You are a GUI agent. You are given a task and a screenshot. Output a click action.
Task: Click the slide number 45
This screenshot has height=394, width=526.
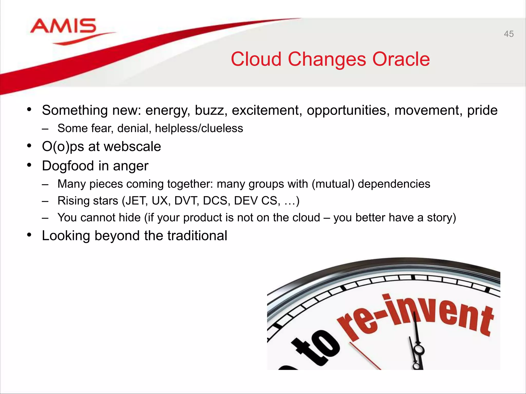[x=509, y=34]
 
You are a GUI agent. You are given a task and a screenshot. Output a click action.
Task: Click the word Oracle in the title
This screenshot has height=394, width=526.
[x=401, y=59]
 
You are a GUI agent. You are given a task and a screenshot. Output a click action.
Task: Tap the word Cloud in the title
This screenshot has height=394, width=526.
[x=256, y=59]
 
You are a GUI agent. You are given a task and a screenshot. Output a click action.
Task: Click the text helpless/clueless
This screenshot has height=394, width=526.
[x=199, y=128]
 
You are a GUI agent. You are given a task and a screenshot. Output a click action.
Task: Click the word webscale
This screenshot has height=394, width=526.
[x=132, y=147]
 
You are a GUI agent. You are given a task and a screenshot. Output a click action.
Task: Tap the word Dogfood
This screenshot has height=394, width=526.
[x=68, y=166]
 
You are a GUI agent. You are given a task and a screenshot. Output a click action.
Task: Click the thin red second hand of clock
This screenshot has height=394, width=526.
[x=365, y=357]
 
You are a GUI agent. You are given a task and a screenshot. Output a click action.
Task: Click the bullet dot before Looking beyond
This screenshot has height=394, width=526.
[x=29, y=235]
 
